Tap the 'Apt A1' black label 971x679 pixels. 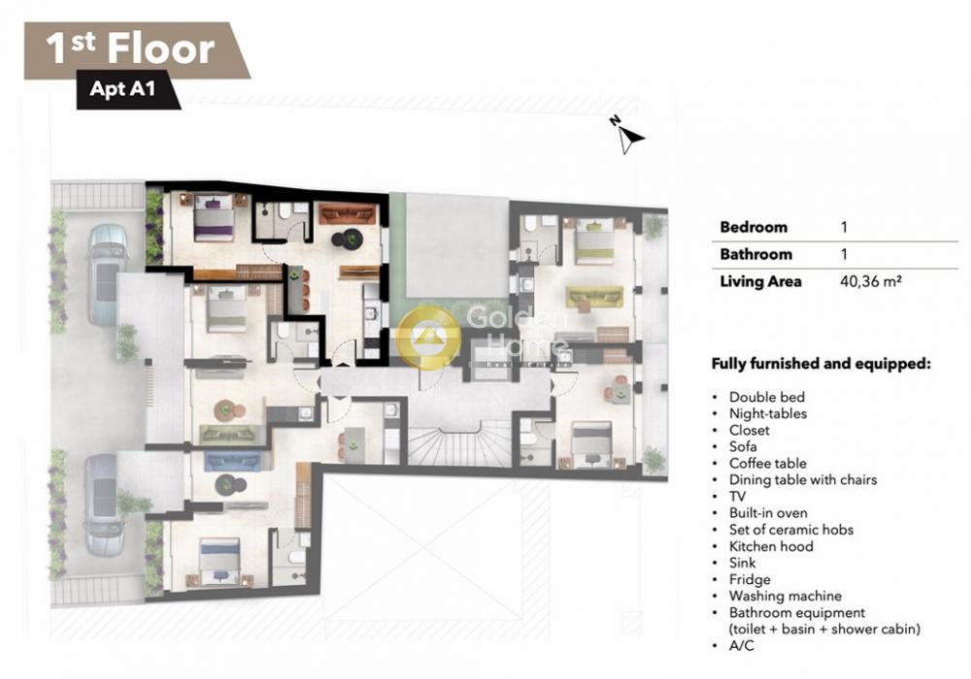(122, 89)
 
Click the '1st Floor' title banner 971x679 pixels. (136, 50)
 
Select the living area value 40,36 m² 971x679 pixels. (871, 281)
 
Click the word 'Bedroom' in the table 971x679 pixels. (753, 227)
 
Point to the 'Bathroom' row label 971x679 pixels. (755, 254)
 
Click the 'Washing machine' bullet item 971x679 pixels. (786, 597)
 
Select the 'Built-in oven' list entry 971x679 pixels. (768, 513)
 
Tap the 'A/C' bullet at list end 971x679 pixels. (741, 646)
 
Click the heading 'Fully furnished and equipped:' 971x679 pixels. (820, 364)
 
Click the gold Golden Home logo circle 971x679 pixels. (428, 337)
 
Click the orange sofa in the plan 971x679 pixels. (348, 213)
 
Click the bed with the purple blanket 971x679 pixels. (214, 217)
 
